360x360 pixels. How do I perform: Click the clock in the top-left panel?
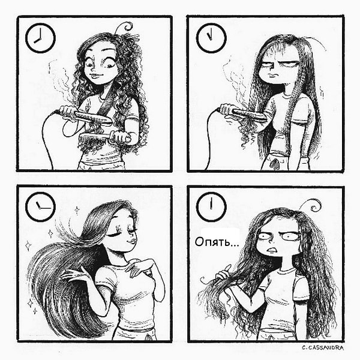40,38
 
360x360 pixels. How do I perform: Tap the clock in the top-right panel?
211,38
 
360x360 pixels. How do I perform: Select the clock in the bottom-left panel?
40,208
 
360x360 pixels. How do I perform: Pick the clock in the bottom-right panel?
211,208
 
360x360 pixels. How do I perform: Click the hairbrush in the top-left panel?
102,137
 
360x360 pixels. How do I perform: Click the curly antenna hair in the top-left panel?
126,27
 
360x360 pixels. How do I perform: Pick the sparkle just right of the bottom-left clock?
77,210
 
